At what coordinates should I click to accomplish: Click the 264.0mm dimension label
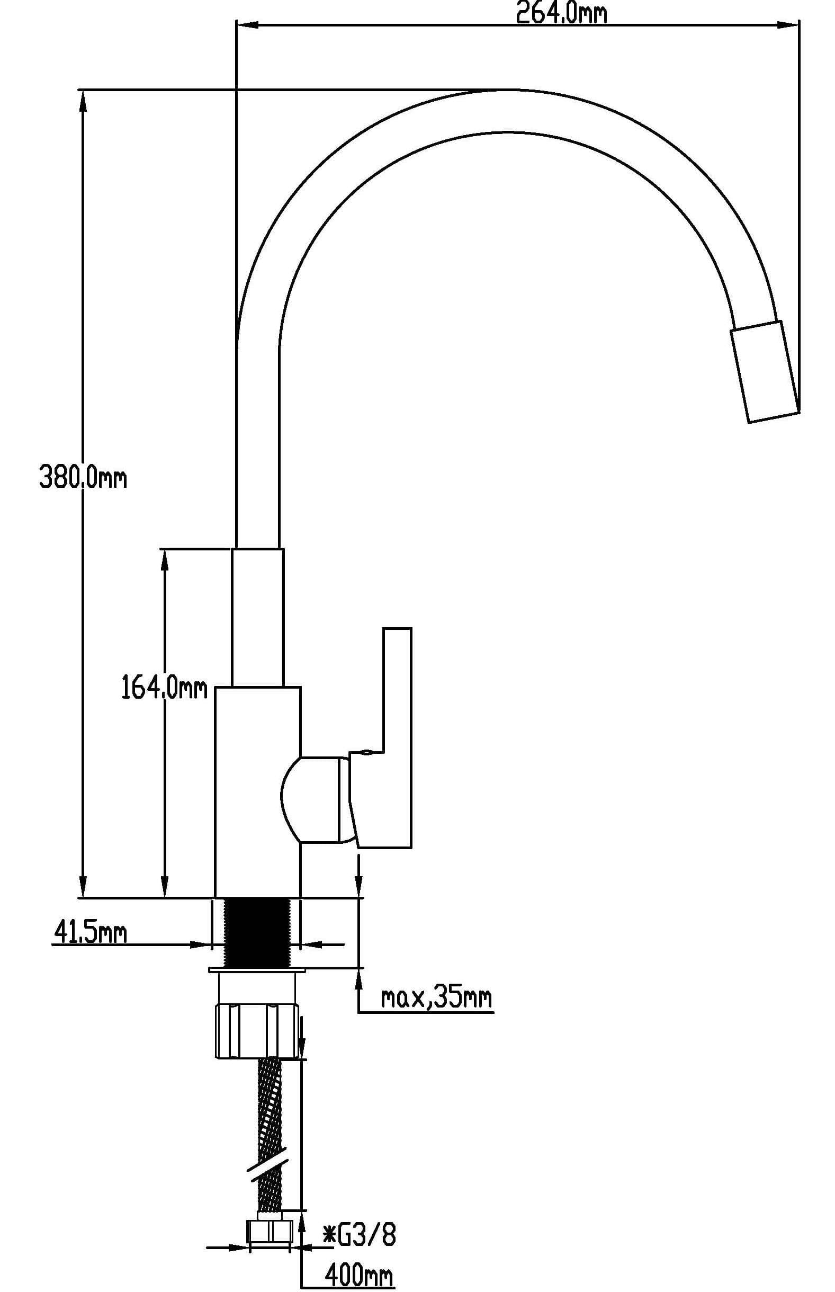tap(561, 13)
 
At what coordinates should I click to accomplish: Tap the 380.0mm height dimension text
tap(83, 478)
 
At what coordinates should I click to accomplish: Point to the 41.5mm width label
tap(90, 933)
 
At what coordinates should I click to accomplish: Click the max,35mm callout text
tap(436, 997)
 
